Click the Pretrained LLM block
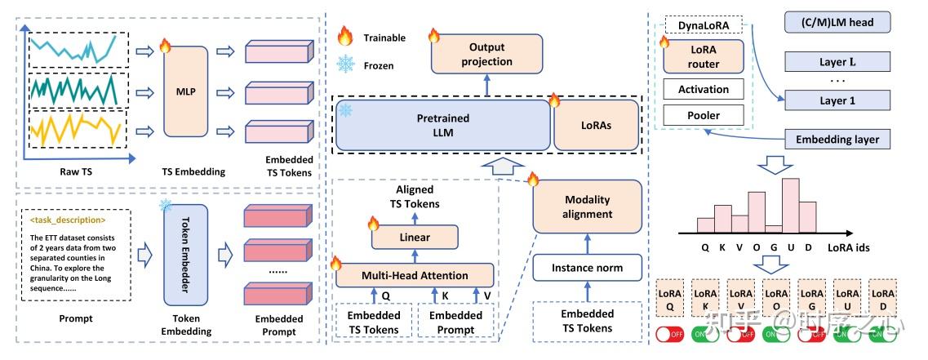pos(443,125)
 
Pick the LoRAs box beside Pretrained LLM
pos(596,126)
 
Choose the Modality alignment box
pos(588,207)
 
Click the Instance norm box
pos(588,267)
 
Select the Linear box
pos(415,238)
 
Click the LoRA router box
pos(703,56)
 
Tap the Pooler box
pos(703,115)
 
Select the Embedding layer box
pos(837,140)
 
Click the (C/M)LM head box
pos(837,23)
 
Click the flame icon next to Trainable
pos(345,36)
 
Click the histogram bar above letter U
pos(790,206)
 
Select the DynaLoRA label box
pos(703,25)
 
